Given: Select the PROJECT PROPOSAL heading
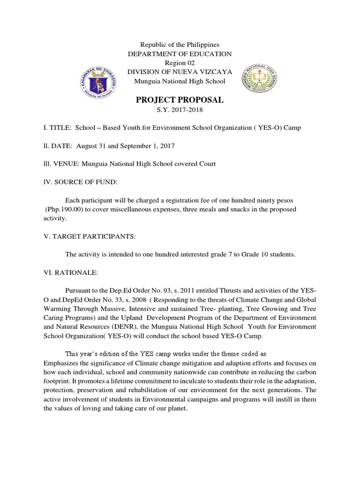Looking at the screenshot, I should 180,100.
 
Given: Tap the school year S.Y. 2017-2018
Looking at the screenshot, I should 180,110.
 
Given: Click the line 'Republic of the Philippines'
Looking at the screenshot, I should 180,45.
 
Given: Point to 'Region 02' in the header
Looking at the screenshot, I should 180,63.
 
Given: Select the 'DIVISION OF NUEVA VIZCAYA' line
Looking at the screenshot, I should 180,72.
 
